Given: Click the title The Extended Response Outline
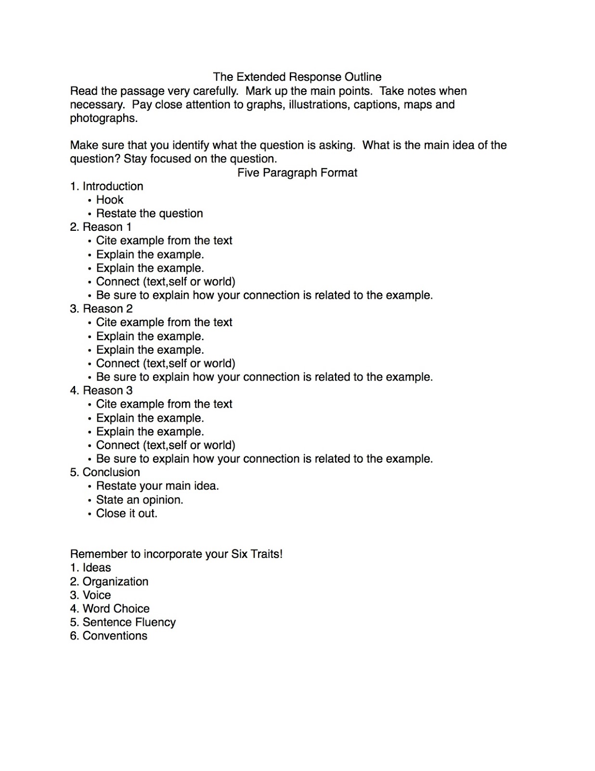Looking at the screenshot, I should (x=297, y=77).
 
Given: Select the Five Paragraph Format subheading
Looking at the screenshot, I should (x=297, y=173).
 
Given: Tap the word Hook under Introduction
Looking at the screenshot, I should (x=110, y=199).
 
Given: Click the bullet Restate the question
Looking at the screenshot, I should (x=149, y=213).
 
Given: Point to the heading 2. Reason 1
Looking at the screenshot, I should (x=101, y=226).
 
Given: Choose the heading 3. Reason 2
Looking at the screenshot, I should (x=101, y=308).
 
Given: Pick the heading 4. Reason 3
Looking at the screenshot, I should (x=101, y=390).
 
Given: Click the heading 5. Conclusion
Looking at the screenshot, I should (x=105, y=472).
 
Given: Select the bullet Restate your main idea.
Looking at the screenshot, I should (x=157, y=486).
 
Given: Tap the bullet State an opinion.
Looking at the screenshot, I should (x=140, y=500).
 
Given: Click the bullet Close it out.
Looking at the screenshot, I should (x=127, y=513).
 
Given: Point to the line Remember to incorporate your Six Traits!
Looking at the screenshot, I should (x=176, y=554).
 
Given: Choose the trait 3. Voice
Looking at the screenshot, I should (x=91, y=595).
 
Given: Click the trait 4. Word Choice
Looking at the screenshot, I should (x=110, y=609).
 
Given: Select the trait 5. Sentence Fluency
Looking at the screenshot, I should (x=123, y=622).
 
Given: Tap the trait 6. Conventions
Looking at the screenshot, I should (x=109, y=636).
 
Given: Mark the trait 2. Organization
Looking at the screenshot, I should (x=109, y=582).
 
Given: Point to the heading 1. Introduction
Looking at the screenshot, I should (x=106, y=186).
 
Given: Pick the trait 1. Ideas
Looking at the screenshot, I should (x=91, y=568).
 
